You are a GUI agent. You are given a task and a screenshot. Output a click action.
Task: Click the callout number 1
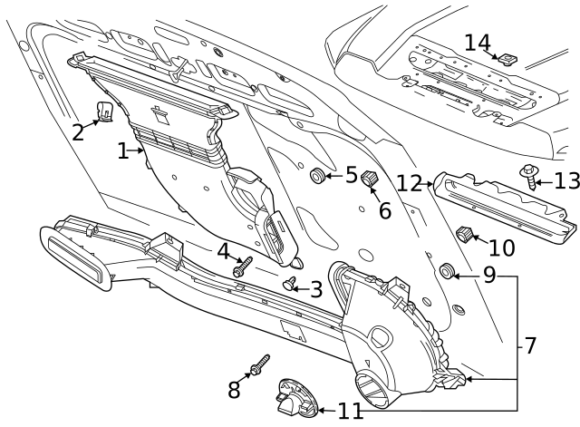pos(123,151)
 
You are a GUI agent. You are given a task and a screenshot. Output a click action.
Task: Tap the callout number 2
pos(79,132)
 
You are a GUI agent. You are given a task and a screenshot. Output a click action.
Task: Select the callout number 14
pos(477,43)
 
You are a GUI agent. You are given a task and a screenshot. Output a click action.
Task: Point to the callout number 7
pos(530,345)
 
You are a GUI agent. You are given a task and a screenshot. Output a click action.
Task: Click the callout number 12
pos(410,183)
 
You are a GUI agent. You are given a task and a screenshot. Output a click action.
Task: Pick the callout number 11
pos(350,411)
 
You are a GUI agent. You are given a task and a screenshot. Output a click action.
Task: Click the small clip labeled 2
pos(105,112)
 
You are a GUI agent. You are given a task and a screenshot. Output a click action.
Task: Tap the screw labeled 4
pos(242,267)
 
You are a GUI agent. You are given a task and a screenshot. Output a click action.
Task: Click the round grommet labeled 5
pos(318,175)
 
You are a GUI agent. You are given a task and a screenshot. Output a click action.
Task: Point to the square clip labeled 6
pos(370,179)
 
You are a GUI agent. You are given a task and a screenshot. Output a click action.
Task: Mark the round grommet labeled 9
pos(446,272)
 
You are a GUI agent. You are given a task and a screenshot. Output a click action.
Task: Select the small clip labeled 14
pos(507,60)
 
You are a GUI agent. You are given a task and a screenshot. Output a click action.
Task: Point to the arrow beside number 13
pos(542,182)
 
